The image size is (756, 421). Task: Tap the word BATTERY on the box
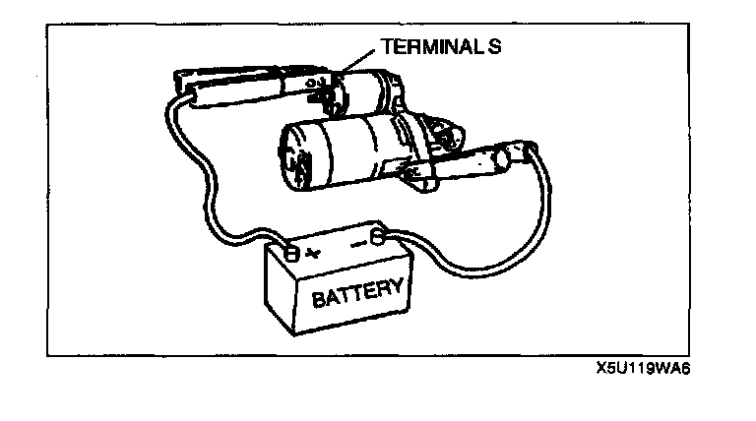point(357,291)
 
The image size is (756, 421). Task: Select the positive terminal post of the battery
point(292,253)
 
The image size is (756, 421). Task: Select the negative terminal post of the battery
point(378,237)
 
